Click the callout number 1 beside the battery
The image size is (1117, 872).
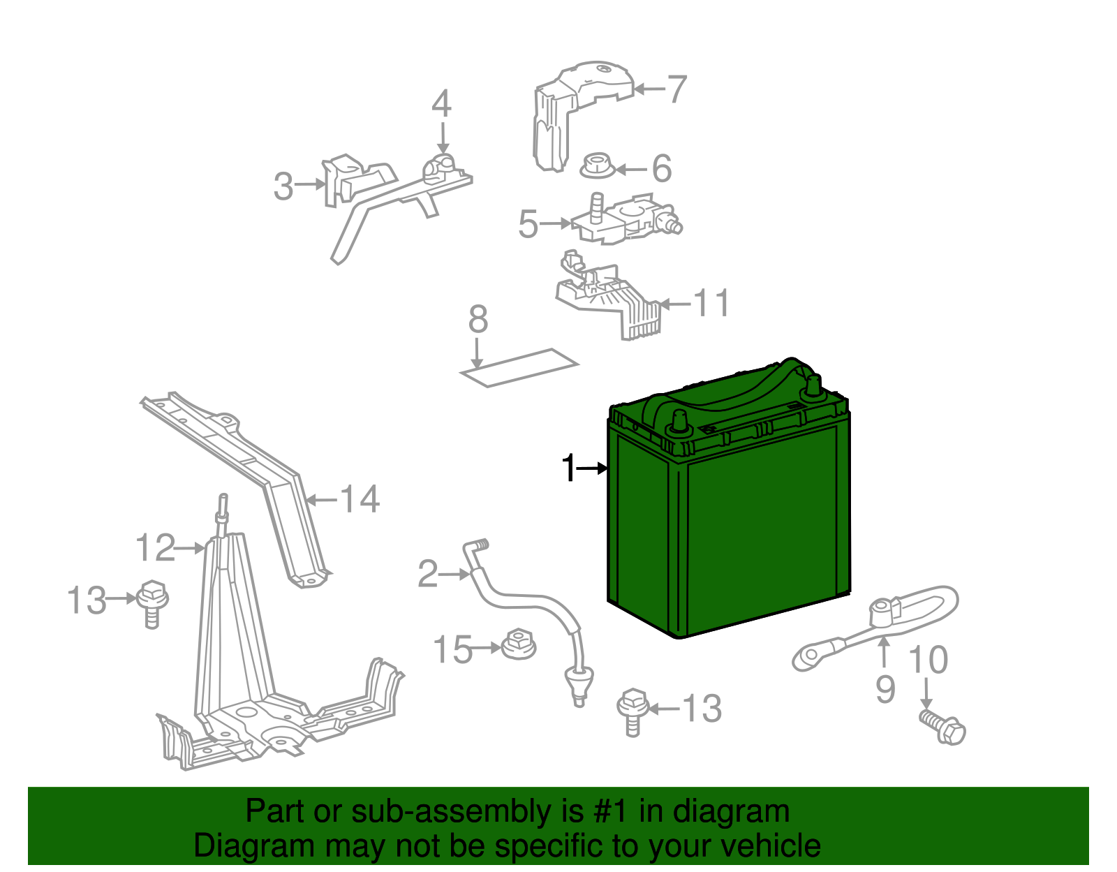pos(570,468)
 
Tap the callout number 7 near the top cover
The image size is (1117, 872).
pos(676,89)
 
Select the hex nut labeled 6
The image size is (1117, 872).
pos(598,166)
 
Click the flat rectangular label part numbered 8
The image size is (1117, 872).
pos(519,367)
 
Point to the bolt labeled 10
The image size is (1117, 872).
pos(945,727)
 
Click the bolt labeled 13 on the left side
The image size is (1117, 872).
pos(152,602)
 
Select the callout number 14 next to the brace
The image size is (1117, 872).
pos(360,499)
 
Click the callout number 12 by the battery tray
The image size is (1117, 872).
pos(155,548)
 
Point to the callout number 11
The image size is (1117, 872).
pos(711,303)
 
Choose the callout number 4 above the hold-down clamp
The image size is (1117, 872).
pos(441,104)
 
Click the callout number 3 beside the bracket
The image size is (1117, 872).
pos(283,186)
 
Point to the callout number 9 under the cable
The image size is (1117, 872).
pos(885,690)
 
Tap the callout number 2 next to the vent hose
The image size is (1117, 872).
pos(427,574)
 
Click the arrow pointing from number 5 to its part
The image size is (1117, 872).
pos(556,223)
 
